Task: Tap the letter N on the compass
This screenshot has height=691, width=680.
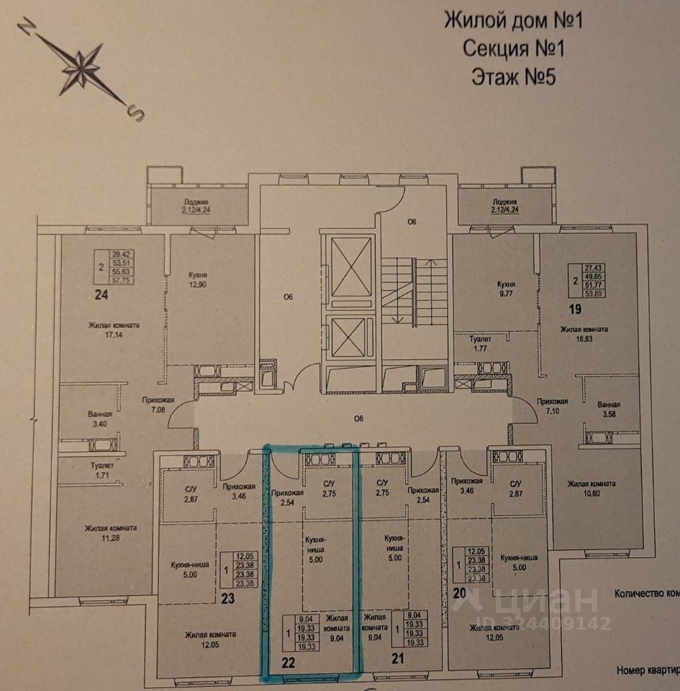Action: pos(27,28)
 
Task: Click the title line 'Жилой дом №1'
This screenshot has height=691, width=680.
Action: pos(512,19)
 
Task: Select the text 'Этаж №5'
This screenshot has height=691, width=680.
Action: pos(513,76)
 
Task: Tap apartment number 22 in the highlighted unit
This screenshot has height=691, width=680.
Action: pos(288,661)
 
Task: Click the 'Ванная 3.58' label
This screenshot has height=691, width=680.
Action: pos(609,409)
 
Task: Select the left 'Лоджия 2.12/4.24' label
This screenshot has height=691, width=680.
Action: pos(195,207)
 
